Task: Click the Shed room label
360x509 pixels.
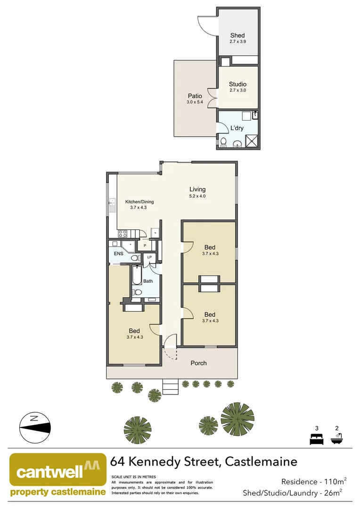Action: coord(237,35)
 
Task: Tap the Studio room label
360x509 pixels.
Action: coord(237,84)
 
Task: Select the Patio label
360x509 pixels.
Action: coord(195,96)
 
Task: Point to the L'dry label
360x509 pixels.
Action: coord(237,128)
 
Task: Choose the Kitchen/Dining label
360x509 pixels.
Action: coord(139,202)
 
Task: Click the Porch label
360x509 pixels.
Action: coord(198,363)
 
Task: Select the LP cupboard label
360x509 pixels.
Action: coord(149,257)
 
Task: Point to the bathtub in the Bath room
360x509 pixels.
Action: coord(136,276)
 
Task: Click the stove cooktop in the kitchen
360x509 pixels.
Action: coord(123,233)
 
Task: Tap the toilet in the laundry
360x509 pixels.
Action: coord(223,142)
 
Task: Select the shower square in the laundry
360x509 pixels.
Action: coord(252,141)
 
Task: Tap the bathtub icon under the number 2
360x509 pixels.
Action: coord(336,439)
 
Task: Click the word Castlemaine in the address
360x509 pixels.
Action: coord(261,461)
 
